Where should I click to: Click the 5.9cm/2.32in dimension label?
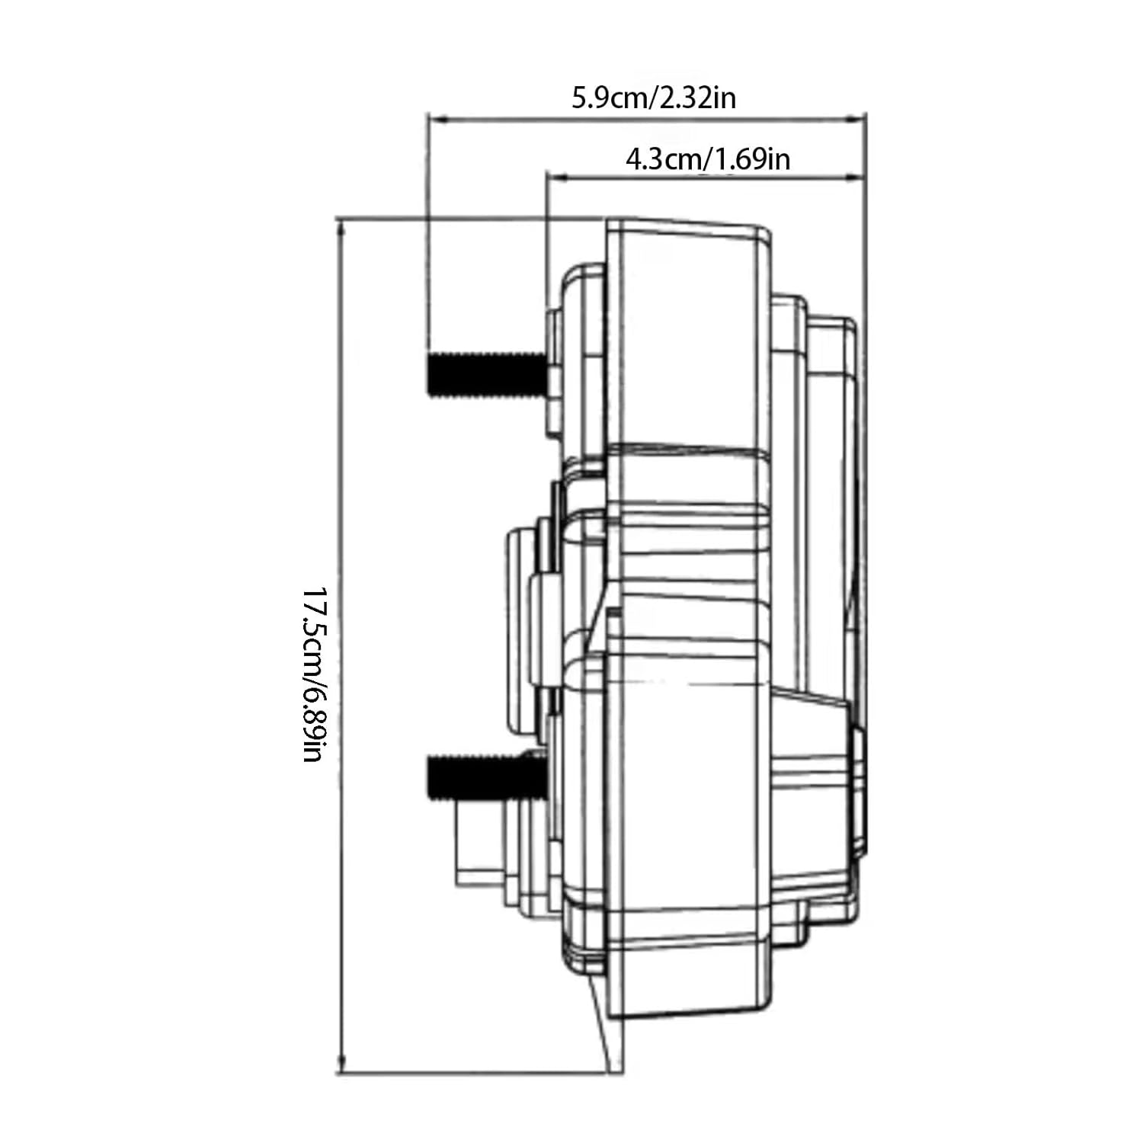coord(654,98)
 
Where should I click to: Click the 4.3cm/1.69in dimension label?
coord(707,160)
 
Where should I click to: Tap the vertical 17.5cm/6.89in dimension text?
coord(315,674)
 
